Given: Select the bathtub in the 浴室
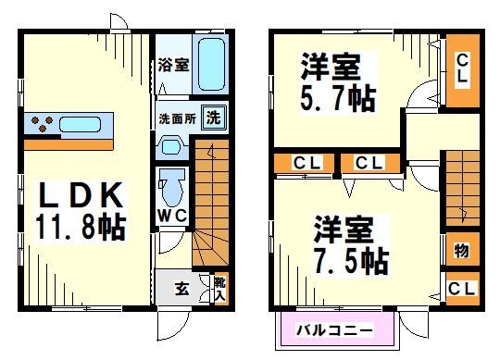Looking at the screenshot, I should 213,63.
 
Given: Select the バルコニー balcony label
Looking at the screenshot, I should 335,329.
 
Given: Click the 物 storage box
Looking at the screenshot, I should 461,252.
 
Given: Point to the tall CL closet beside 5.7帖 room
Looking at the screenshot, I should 461,70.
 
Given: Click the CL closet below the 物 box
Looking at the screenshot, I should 461,288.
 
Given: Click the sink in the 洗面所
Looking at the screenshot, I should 170,145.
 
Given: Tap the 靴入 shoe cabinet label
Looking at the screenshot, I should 219,287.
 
